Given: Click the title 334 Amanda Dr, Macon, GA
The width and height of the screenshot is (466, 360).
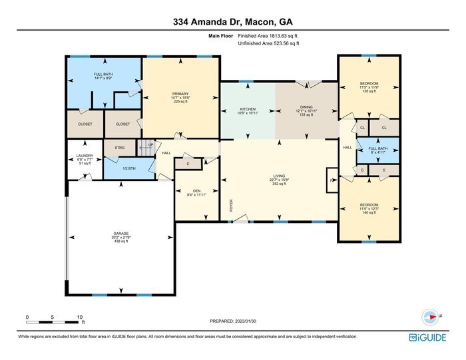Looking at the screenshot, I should pyautogui.click(x=232, y=21).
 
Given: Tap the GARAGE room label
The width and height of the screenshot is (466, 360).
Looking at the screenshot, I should pyautogui.click(x=120, y=234).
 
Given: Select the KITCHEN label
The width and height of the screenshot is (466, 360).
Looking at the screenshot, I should pyautogui.click(x=248, y=108).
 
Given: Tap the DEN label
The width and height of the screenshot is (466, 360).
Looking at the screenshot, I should pyautogui.click(x=196, y=192).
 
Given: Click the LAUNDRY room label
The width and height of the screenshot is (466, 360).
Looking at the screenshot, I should pyautogui.click(x=85, y=156).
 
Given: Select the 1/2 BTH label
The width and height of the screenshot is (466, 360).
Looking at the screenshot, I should pyautogui.click(x=128, y=168).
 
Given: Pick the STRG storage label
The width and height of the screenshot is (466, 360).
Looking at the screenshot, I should pyautogui.click(x=120, y=148).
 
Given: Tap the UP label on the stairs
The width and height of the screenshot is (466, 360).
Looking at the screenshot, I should pyautogui.click(x=150, y=144).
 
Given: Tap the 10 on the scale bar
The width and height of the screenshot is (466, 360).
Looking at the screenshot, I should pyautogui.click(x=79, y=317).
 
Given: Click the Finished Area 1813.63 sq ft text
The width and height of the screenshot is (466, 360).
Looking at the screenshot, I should pyautogui.click(x=268, y=36).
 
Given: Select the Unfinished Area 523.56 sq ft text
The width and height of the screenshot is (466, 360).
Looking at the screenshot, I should pyautogui.click(x=268, y=43).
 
